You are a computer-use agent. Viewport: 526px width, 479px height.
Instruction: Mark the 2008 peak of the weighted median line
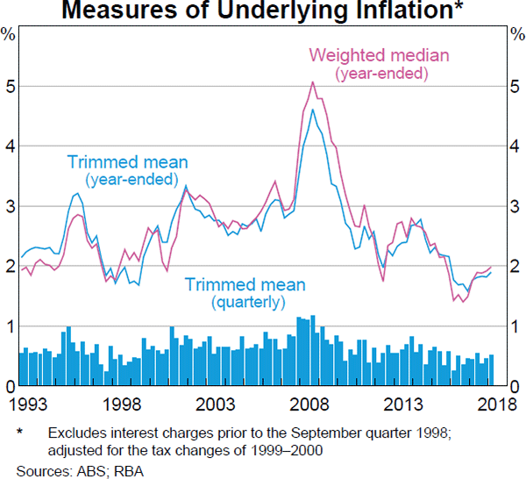(313, 82)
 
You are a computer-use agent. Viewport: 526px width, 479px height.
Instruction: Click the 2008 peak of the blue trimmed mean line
(313, 110)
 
